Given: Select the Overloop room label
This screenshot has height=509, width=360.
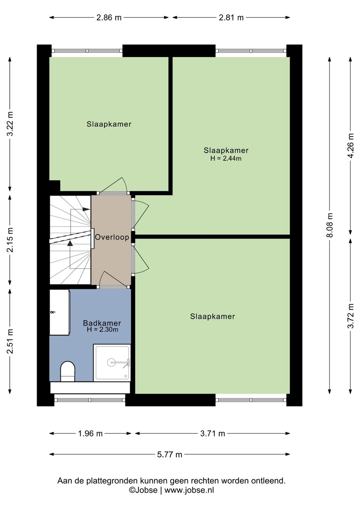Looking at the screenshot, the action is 112,237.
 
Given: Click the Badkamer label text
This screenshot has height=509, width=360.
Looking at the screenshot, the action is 102,323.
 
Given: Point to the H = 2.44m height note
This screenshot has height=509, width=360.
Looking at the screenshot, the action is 226,158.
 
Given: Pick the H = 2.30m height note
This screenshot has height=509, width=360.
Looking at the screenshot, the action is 102,329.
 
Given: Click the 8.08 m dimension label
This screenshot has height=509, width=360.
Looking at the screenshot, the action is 330,225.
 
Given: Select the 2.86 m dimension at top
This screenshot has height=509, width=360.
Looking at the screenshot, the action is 109,18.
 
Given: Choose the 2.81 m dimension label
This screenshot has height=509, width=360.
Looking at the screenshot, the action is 231,18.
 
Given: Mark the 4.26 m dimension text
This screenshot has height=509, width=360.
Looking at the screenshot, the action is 351,145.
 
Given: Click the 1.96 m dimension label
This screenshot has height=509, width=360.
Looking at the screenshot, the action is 90,434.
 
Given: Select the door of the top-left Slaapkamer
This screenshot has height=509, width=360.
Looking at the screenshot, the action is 113,186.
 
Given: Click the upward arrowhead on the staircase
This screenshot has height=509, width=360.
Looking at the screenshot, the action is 70,243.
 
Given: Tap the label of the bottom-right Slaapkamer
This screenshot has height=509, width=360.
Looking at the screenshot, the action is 213,317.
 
